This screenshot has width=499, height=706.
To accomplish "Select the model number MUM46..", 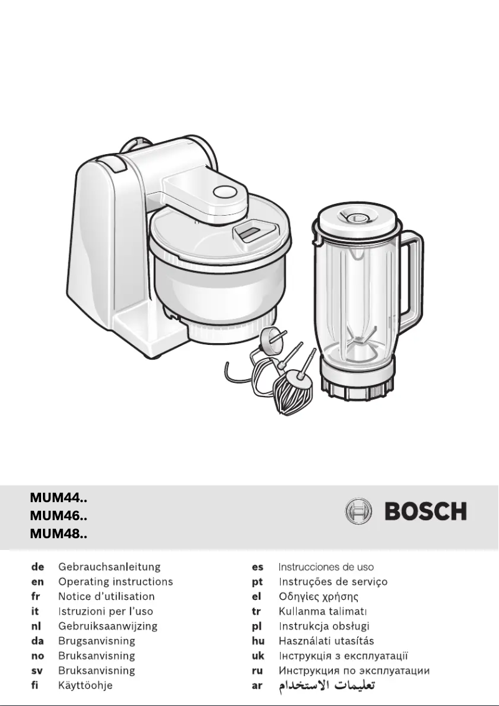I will [58, 515].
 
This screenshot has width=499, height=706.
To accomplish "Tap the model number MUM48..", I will [58, 533].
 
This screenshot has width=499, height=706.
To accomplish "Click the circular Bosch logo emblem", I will [358, 512].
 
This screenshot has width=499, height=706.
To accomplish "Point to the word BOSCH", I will [426, 512].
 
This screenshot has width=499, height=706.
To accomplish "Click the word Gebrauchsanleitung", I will [110, 567].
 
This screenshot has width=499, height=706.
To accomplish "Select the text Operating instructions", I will [116, 582].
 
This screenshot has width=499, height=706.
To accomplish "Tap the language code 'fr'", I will [35, 597].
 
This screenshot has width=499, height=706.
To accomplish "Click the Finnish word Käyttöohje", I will [85, 686].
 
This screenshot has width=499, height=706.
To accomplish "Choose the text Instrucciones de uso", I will [326, 567].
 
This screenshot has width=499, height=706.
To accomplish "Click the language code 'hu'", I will [258, 641].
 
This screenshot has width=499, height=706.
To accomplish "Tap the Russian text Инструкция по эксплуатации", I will [354, 671].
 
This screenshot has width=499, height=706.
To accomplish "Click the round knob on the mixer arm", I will [222, 192].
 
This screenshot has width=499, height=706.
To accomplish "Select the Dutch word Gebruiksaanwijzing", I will [108, 626].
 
